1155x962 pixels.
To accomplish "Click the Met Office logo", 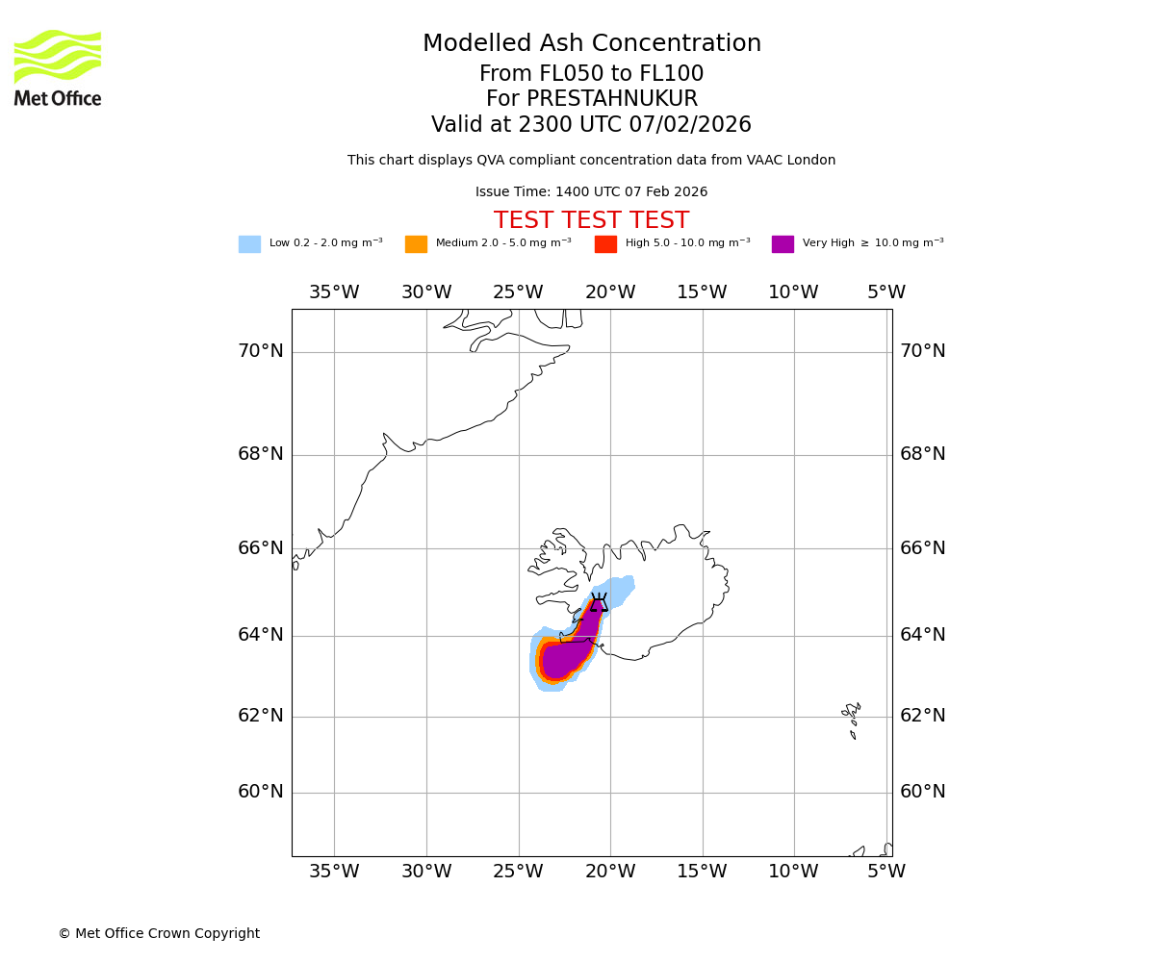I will point(58,67).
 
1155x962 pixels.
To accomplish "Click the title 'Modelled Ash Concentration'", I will point(591,44).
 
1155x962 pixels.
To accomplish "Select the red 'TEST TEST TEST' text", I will point(591,220).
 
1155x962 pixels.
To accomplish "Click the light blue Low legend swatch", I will point(249,243).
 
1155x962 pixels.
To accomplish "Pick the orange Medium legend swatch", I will point(416,243).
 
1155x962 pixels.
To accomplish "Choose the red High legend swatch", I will point(605,243).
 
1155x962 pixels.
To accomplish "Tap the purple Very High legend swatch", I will point(783,243).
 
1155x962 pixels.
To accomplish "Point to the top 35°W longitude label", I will point(334,292).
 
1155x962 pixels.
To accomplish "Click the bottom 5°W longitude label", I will point(885,872).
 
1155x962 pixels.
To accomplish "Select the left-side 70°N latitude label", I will point(261,351).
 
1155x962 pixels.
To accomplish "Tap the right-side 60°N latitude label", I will point(922,792).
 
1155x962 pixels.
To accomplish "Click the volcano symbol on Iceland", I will point(599,603).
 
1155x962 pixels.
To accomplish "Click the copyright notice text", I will point(159,933).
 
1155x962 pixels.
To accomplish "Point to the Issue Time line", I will point(591,192).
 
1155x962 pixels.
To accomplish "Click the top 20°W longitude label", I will point(610,292).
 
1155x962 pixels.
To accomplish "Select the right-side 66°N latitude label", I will point(922,548).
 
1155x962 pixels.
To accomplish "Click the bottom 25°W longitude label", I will point(518,872).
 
